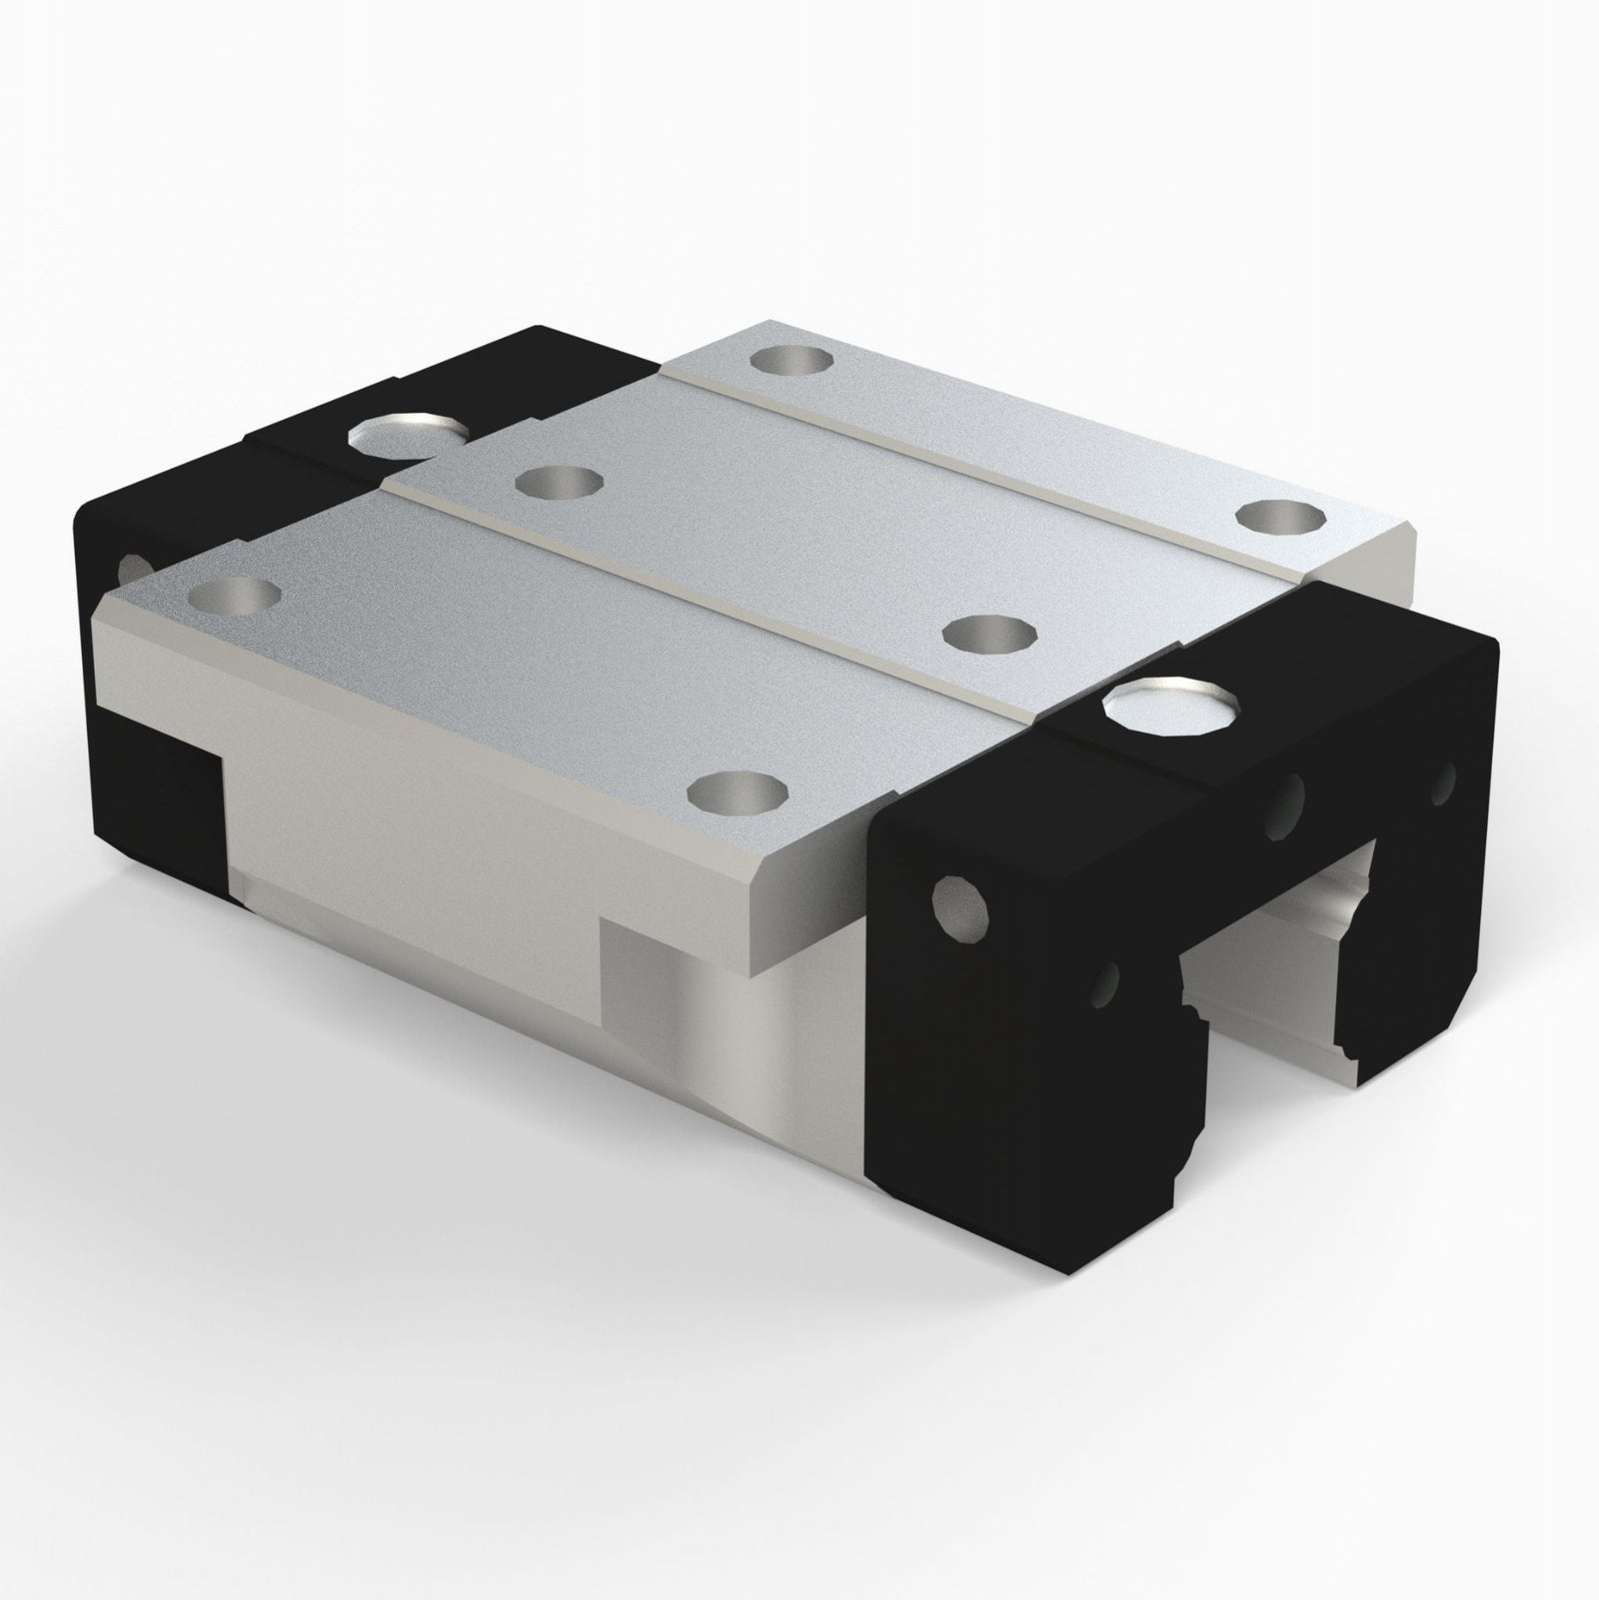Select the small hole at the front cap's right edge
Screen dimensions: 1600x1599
coord(1442,785)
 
